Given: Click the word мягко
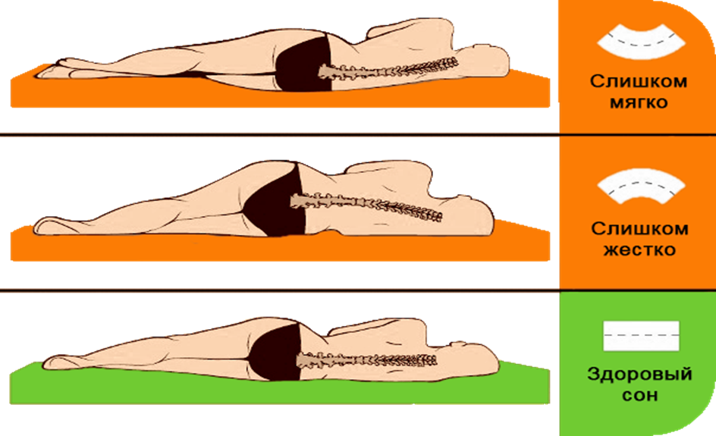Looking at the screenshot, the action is click(x=638, y=102).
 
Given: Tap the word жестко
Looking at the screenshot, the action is click(x=638, y=249).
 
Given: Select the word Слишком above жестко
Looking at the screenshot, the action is click(x=639, y=227).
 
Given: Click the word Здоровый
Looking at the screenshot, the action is click(x=639, y=374).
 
